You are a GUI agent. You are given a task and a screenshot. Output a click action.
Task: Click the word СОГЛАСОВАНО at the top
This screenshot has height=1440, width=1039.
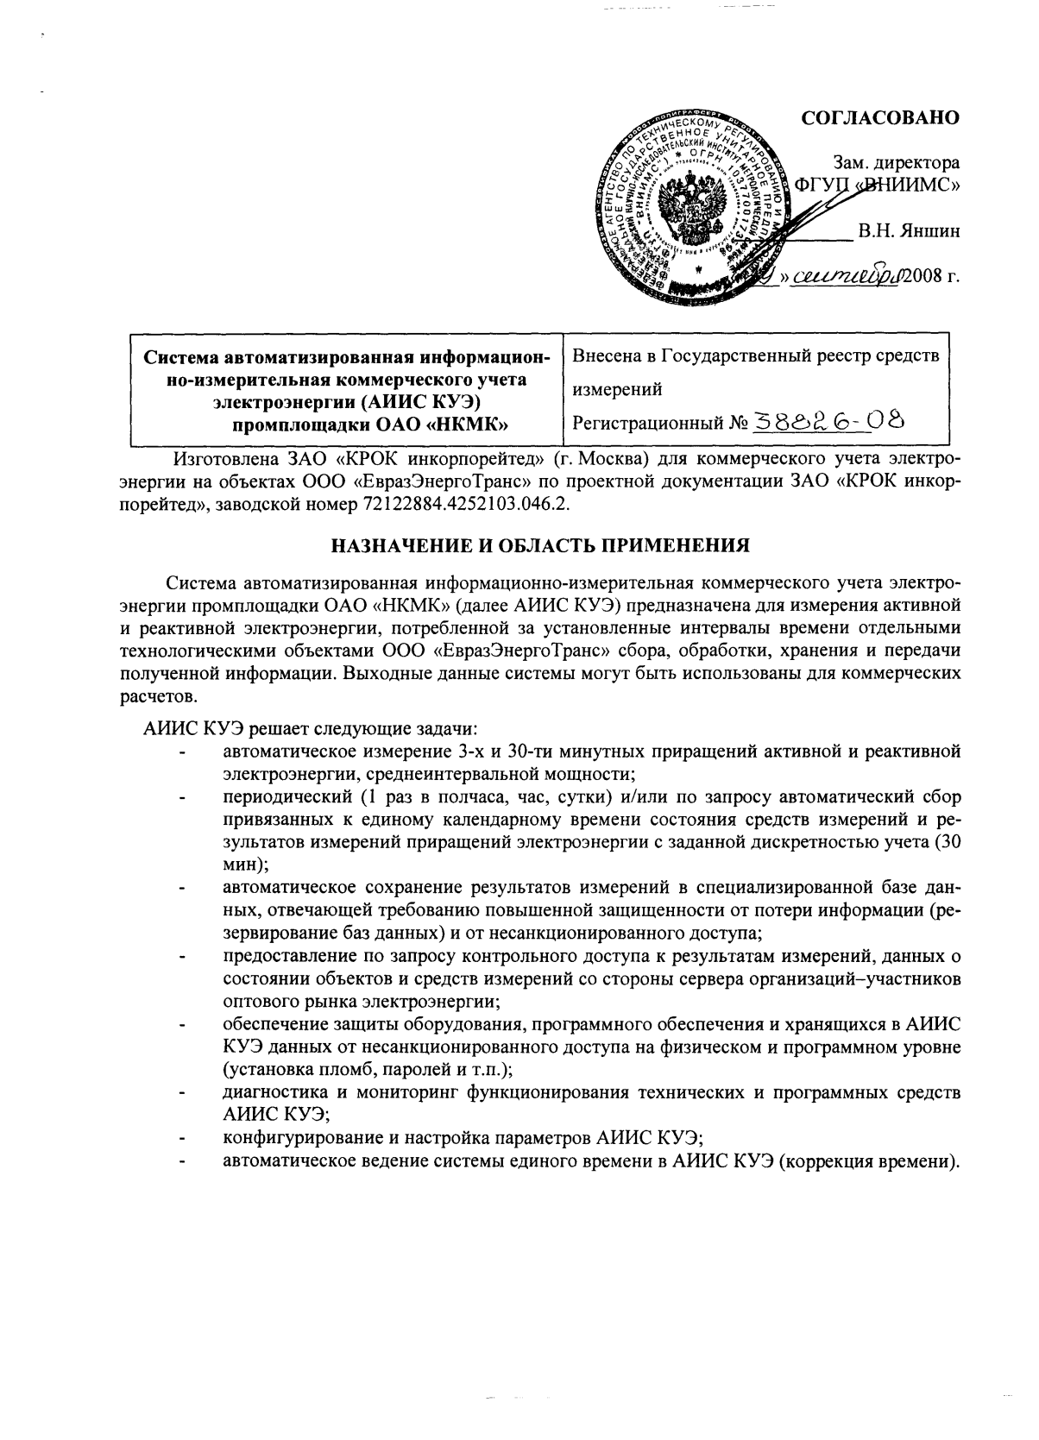coord(880,118)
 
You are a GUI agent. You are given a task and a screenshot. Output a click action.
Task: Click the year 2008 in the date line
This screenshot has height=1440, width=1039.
coord(919,277)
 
